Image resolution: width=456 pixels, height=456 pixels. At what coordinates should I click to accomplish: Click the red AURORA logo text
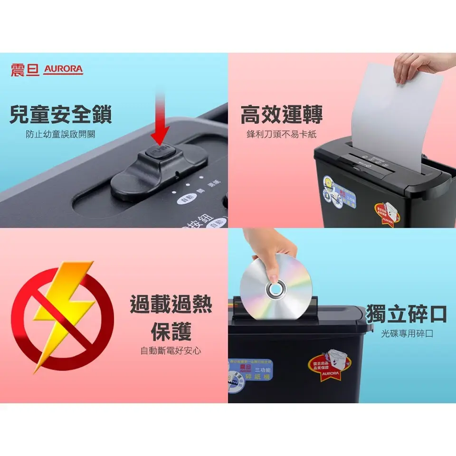(63, 69)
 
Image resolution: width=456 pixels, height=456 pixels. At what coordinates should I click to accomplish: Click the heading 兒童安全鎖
(61, 114)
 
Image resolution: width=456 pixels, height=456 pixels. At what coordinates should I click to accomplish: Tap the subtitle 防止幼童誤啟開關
(60, 134)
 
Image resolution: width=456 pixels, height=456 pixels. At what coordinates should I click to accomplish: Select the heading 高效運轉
(282, 114)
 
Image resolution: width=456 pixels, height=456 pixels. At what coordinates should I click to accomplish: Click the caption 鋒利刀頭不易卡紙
(281, 134)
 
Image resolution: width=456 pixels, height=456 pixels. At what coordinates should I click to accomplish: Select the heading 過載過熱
(171, 304)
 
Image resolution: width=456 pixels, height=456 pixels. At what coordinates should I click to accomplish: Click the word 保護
(171, 332)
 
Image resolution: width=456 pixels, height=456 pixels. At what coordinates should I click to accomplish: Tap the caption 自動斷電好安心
(171, 351)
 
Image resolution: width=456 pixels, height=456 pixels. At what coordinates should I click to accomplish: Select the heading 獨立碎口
(407, 314)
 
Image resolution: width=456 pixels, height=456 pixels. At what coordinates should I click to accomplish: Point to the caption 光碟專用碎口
(407, 334)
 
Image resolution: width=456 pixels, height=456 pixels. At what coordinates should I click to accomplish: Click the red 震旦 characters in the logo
(25, 69)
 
